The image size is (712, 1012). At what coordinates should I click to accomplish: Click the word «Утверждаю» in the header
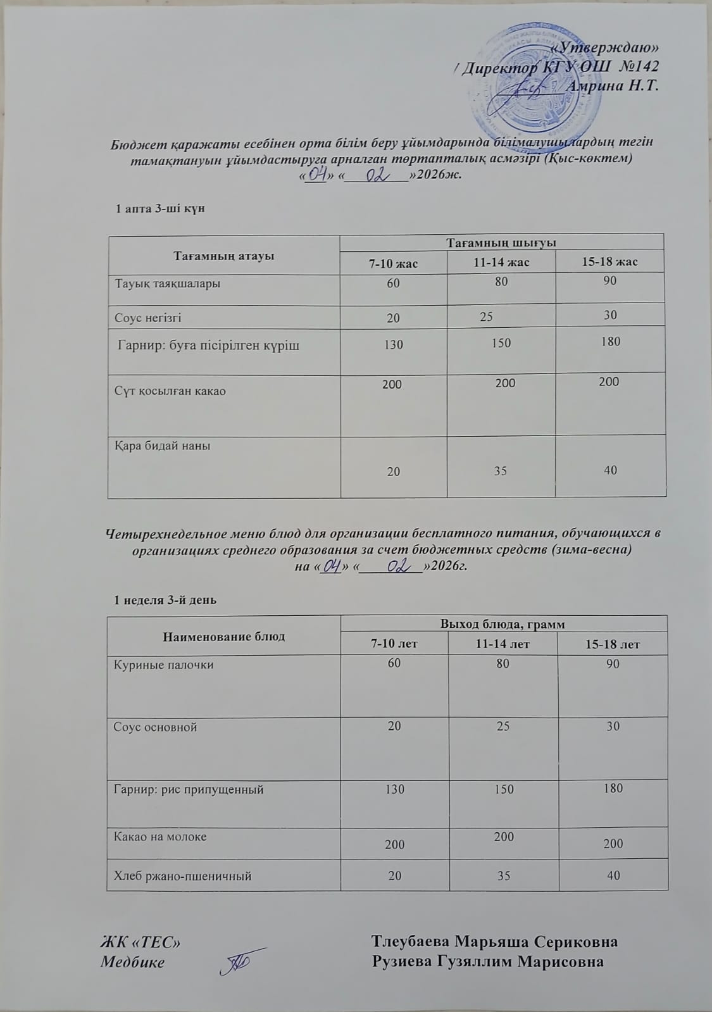click(605, 48)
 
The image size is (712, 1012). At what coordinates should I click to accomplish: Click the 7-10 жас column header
click(393, 263)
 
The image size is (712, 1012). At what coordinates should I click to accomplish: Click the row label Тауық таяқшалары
click(168, 284)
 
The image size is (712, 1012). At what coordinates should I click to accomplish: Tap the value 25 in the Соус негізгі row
click(486, 315)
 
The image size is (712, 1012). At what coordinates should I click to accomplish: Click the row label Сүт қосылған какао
click(170, 391)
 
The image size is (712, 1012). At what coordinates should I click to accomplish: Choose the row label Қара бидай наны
click(163, 446)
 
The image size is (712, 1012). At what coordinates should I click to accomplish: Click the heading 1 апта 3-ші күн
click(160, 208)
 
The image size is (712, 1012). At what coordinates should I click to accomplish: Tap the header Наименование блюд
click(224, 636)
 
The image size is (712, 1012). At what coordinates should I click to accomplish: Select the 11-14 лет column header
click(503, 644)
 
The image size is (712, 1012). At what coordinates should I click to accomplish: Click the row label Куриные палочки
click(163, 665)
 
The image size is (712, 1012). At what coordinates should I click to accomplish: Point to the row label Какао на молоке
click(160, 836)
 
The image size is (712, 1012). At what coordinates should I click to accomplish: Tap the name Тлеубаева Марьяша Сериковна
click(494, 941)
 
